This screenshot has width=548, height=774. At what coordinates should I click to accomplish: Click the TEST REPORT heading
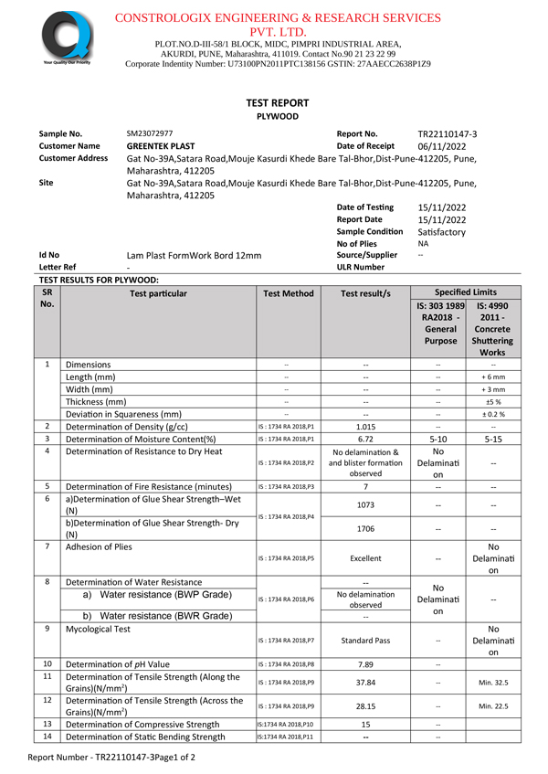277,103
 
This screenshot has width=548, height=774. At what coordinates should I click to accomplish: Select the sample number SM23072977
150,133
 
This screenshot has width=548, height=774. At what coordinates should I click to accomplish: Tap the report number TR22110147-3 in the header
447,133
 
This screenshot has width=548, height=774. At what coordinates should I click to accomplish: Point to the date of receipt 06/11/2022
443,146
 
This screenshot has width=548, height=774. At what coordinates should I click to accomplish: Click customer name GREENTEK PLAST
161,146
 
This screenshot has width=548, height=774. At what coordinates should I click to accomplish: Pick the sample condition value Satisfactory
441,232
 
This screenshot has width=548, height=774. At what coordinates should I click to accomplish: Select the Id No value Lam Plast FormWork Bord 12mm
194,256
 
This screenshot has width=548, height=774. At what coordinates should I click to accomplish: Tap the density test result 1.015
365,427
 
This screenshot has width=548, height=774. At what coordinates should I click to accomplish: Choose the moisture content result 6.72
365,440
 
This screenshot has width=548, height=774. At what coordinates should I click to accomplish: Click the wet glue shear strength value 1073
365,504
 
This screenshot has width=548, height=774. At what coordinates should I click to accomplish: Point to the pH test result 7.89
365,664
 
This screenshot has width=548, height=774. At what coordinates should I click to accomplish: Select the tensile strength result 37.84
365,682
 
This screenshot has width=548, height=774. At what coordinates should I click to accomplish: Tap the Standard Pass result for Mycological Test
365,641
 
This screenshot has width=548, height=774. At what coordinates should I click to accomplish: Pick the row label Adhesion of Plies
99,546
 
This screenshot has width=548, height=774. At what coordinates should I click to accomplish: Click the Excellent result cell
365,558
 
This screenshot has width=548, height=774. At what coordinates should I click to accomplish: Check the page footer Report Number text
111,758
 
